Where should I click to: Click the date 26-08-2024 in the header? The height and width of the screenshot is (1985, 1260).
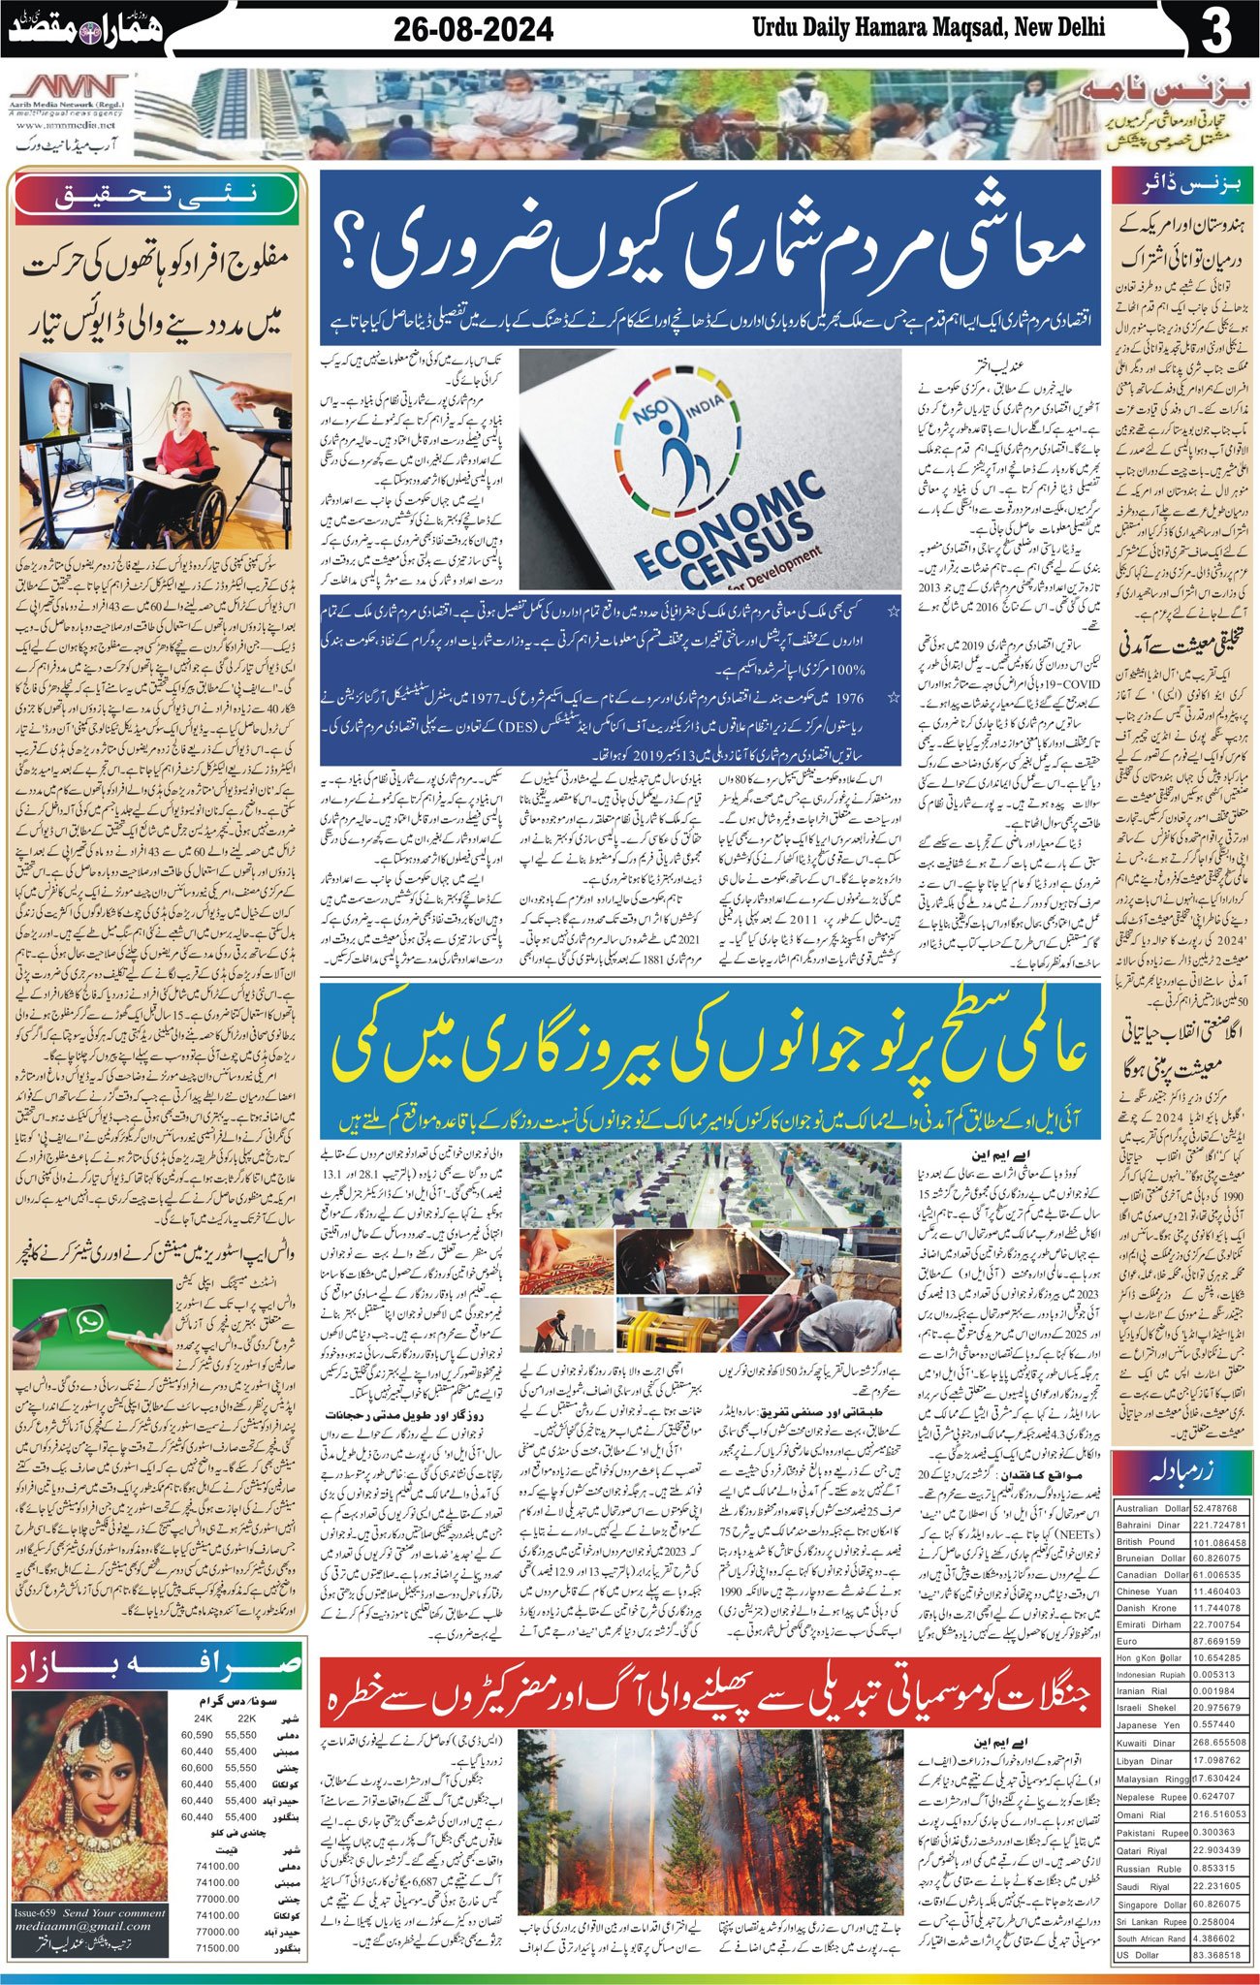pyautogui.click(x=473, y=30)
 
